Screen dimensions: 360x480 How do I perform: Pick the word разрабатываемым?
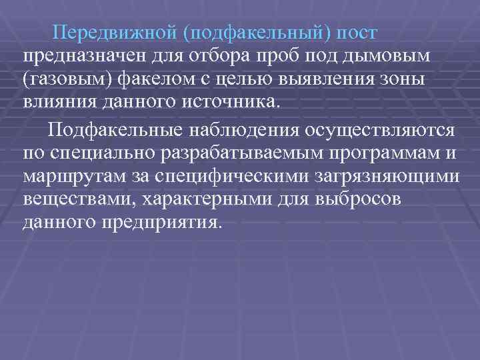[x=231, y=153]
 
